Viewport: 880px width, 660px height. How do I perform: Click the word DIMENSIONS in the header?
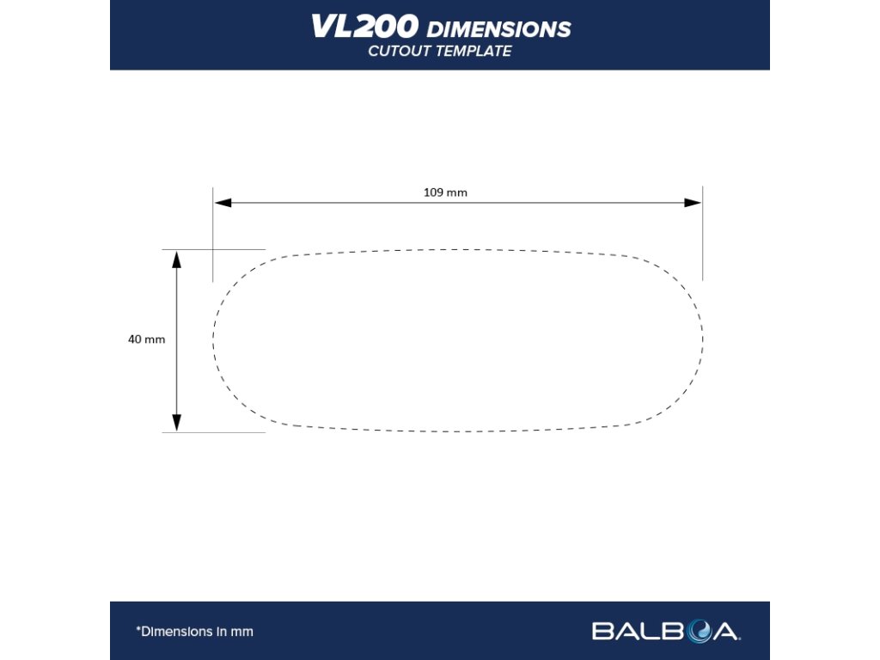click(498, 29)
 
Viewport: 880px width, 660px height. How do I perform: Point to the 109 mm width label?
click(445, 192)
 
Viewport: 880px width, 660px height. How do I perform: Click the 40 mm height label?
click(146, 339)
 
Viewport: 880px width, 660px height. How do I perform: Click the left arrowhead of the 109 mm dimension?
click(223, 203)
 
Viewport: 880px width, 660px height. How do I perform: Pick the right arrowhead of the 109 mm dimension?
click(693, 203)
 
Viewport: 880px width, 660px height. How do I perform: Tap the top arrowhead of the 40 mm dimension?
click(177, 259)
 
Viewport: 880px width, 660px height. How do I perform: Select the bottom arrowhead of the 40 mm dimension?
click(177, 423)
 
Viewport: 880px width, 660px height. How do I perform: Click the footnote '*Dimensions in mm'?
click(194, 632)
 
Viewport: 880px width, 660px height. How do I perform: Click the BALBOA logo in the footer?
click(665, 632)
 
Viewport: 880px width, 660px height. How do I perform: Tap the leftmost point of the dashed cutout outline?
click(213, 340)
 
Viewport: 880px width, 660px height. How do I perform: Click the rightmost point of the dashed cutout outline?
click(703, 337)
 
